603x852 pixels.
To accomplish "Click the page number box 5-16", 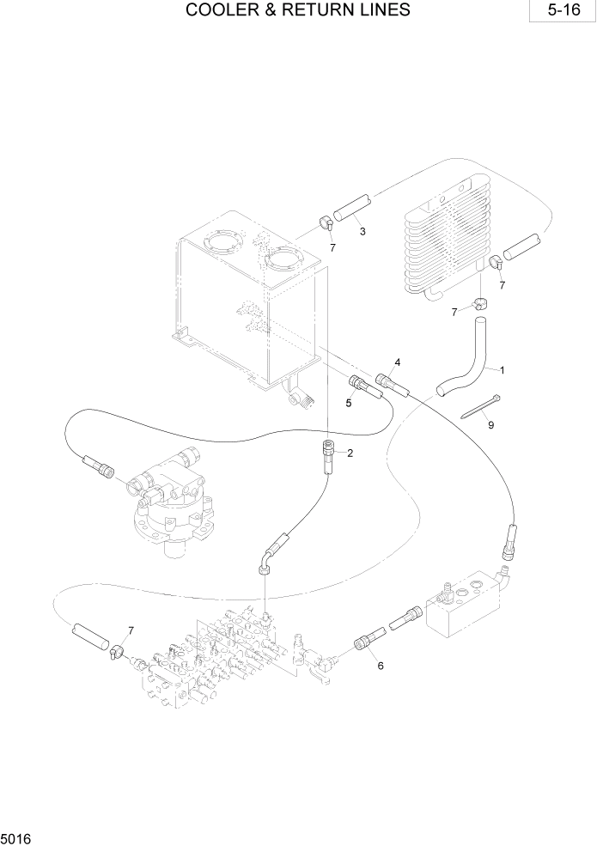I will click(x=563, y=11).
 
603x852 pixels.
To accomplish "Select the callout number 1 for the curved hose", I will click(x=502, y=370).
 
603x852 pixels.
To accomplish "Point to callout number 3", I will click(x=363, y=231).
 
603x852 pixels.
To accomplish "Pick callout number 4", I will click(x=398, y=362).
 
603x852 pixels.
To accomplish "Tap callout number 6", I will click(x=380, y=665).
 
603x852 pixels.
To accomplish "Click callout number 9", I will click(x=490, y=424).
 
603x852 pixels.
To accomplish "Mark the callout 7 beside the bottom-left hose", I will click(x=131, y=631).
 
